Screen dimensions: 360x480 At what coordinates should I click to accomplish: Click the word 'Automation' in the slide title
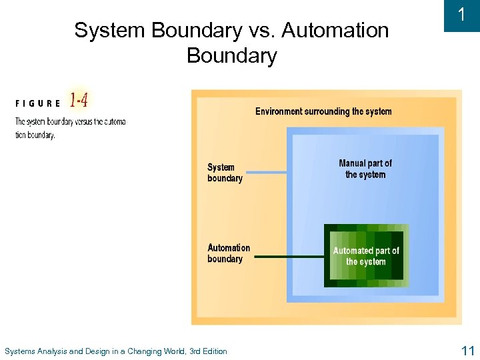[335, 31]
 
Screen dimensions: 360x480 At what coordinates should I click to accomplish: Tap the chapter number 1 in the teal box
[461, 15]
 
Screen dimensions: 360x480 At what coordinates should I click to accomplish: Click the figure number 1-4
[78, 101]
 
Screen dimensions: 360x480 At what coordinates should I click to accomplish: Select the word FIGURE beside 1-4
[38, 103]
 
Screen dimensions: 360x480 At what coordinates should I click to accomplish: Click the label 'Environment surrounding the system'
[323, 111]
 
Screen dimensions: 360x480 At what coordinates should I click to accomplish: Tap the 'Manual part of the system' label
[365, 169]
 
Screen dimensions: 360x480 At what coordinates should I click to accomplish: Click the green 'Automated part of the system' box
[366, 256]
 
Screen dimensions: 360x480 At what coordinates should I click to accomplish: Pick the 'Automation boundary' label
[229, 253]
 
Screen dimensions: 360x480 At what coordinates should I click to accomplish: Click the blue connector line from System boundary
[265, 173]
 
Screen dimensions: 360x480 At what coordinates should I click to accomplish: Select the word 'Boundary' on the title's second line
[231, 55]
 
